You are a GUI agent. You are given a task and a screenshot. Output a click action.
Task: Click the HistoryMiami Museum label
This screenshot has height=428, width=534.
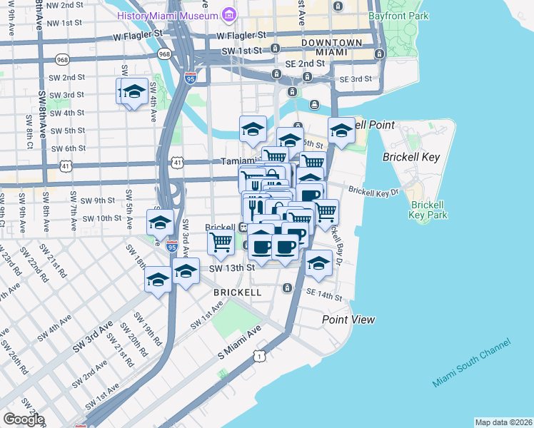pos(168,15)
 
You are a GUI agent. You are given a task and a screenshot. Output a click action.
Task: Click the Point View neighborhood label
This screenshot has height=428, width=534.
pos(348,320)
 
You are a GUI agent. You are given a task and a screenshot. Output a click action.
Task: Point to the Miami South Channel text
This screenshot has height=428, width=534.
pos(471,364)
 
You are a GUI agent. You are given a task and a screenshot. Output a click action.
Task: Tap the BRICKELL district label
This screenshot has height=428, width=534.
pos(236,292)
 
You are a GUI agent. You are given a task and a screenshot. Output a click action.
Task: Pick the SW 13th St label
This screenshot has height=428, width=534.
pos(232,267)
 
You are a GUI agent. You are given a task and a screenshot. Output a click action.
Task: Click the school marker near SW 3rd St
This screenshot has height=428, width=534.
pos(133,92)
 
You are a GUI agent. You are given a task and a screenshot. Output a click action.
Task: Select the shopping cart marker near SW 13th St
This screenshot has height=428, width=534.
pos(221,243)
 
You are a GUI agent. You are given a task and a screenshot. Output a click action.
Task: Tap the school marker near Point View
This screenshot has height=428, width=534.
pos(318,263)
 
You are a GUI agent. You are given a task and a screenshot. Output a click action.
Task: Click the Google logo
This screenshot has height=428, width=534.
pos(23,419)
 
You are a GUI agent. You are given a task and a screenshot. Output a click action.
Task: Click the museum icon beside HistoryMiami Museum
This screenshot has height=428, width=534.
pos(229,14)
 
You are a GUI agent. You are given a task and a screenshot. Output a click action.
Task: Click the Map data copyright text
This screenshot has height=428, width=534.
pos(503,422)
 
